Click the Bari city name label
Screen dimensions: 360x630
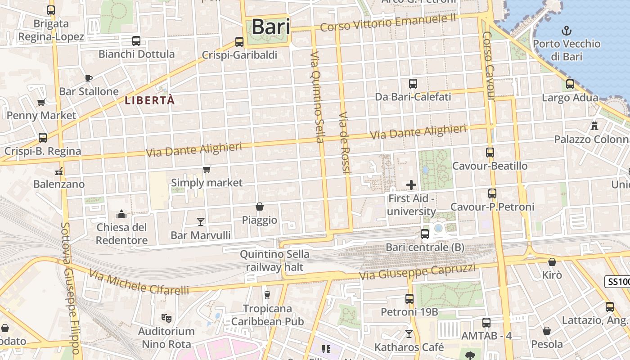(270, 27)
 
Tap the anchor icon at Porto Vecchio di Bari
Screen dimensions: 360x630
(567, 31)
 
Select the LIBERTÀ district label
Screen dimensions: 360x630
(149, 100)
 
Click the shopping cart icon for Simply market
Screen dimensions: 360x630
(207, 170)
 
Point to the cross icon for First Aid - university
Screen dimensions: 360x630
(411, 185)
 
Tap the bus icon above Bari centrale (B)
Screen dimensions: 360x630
(424, 234)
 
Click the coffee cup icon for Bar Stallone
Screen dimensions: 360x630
(89, 78)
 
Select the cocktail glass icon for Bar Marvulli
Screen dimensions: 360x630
(201, 221)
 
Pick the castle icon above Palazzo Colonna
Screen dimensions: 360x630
(594, 126)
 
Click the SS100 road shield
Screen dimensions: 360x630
(617, 282)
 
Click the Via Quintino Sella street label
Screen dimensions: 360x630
(317, 97)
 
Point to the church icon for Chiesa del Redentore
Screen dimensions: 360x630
(121, 214)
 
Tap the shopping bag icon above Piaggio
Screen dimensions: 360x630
(260, 207)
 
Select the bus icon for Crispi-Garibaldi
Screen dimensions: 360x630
(239, 42)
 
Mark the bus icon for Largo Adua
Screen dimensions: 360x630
(570, 84)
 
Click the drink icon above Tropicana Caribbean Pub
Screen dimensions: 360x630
(267, 295)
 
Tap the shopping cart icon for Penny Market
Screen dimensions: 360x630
(41, 102)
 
